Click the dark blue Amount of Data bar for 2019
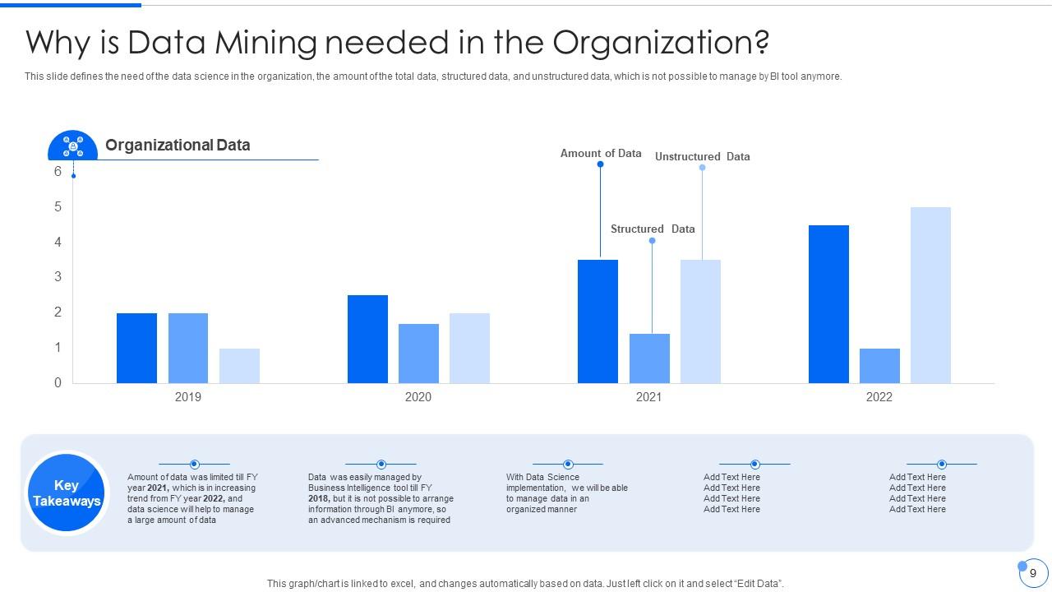(x=136, y=348)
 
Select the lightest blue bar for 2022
(x=930, y=295)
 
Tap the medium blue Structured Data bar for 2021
(x=649, y=358)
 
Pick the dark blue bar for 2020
(x=367, y=339)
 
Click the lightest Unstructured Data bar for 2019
(x=239, y=366)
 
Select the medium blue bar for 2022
(x=879, y=366)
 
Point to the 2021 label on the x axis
(x=648, y=397)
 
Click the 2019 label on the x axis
(x=188, y=397)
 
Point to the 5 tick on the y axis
(x=58, y=207)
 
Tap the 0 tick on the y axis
(x=58, y=383)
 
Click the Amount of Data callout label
(x=601, y=153)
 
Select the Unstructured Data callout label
(x=702, y=156)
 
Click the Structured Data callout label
(x=653, y=229)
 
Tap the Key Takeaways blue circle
(x=67, y=493)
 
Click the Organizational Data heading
(x=178, y=146)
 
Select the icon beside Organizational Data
(x=73, y=146)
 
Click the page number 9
(x=1033, y=573)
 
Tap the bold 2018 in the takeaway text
(x=319, y=498)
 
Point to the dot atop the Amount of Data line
(x=600, y=164)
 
